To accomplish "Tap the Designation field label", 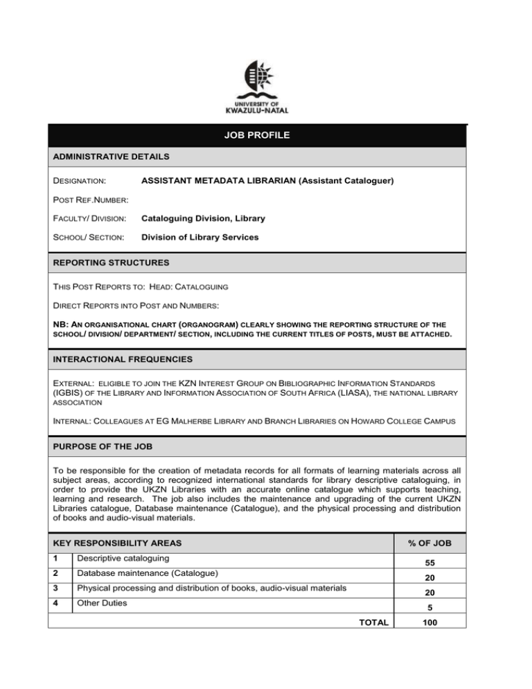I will (80, 181).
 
